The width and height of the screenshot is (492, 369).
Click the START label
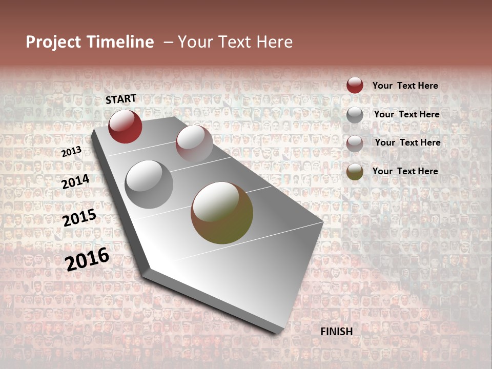121,99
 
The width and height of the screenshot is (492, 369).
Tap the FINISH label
336,332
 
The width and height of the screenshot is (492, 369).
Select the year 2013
71,152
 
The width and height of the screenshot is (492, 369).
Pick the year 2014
75,181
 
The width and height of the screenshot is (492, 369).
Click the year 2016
87,259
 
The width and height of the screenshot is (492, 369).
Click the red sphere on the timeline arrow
125,126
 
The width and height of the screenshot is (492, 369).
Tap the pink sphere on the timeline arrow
194,143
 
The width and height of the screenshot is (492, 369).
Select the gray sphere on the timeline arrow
149,184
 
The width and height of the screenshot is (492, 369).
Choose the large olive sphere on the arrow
222,213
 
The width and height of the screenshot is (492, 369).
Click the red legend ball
355,85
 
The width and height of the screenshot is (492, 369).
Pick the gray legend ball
355,115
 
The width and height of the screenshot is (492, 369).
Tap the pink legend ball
355,143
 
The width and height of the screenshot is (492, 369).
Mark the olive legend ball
355,172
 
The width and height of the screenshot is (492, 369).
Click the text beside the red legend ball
405,86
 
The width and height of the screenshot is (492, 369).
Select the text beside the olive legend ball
405,171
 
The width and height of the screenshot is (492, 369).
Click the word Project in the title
54,42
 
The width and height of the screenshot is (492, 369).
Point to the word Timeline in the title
121,42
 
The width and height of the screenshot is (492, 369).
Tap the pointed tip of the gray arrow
280,332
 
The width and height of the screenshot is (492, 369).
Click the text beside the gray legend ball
406,114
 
